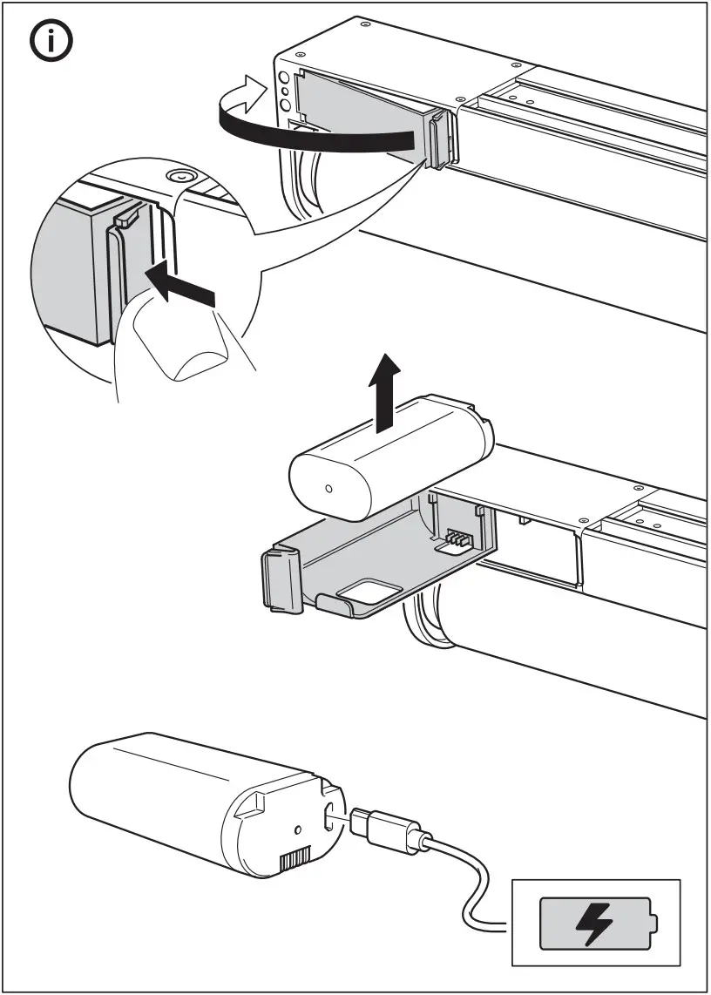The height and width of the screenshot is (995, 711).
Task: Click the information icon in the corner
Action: tap(53, 44)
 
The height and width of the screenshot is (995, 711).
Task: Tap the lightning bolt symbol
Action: tap(595, 926)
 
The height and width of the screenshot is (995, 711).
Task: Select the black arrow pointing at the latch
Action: tap(179, 288)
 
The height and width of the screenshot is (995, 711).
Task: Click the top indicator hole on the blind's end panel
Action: tap(283, 78)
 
